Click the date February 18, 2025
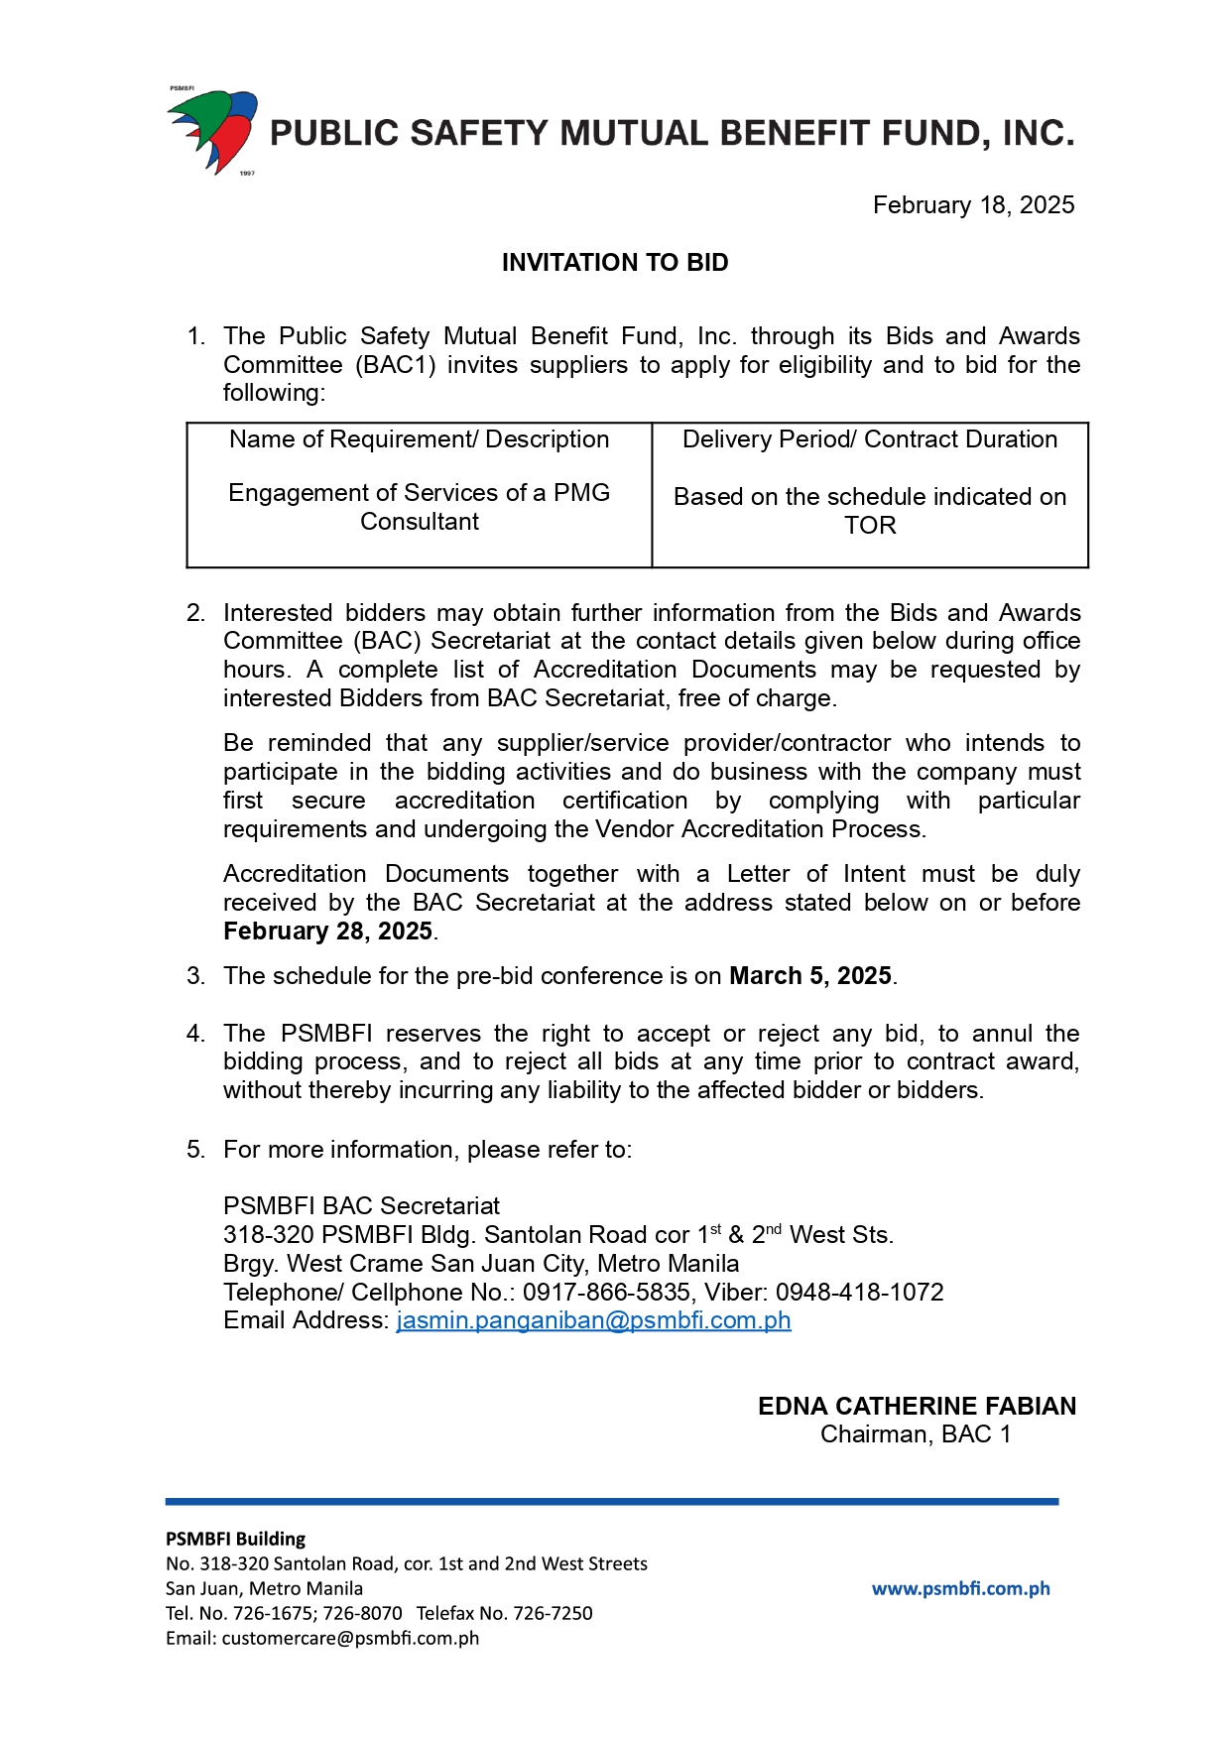972,205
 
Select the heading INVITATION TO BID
614,263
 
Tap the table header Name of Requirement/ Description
419,439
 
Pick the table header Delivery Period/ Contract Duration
869,439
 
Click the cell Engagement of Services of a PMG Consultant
419,507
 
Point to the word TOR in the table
869,526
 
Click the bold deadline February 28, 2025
327,932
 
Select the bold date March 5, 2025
809,976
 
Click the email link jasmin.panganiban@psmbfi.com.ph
593,1321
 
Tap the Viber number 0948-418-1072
859,1293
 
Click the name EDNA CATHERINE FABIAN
916,1407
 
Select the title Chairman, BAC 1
915,1434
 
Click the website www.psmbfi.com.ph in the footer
959,1589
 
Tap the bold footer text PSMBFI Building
235,1540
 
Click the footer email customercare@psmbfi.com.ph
350,1639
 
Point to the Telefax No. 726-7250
504,1614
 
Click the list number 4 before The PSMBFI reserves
194,1034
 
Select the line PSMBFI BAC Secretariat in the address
361,1206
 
